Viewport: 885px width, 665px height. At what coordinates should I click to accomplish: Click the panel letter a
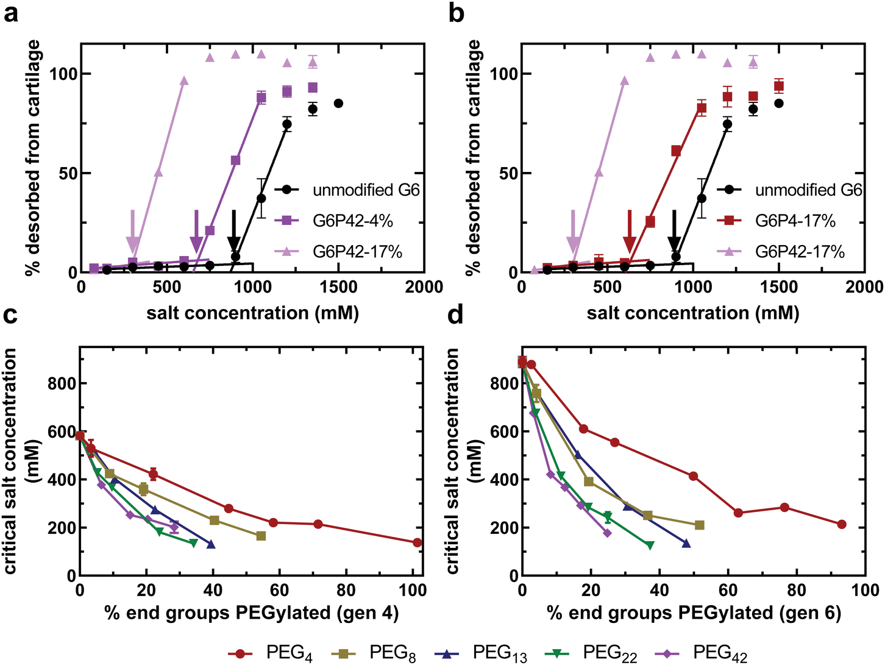click(10, 13)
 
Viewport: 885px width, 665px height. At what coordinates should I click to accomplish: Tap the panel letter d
click(455, 315)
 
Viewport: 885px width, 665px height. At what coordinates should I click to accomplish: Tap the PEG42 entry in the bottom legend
click(701, 653)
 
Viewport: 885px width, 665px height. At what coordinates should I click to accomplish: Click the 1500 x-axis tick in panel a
click(338, 287)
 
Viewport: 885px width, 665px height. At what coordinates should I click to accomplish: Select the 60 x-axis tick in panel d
click(728, 589)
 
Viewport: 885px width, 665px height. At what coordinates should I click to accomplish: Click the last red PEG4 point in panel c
click(418, 542)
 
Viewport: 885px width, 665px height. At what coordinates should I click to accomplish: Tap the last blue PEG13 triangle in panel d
click(686, 543)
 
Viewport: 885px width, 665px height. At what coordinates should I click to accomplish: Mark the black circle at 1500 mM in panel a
click(338, 104)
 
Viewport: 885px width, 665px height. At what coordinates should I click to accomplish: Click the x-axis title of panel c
click(252, 613)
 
